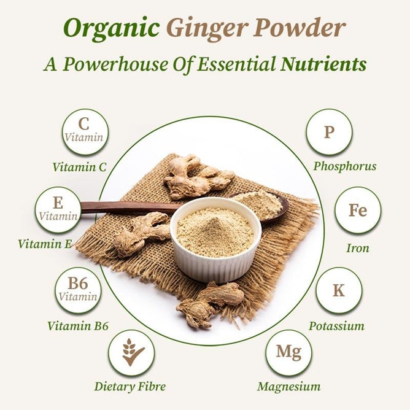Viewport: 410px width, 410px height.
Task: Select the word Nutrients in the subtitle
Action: pyautogui.click(x=323, y=64)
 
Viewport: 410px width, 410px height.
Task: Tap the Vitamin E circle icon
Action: pyautogui.click(x=58, y=209)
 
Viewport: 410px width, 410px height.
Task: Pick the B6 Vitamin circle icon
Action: pyautogui.click(x=78, y=290)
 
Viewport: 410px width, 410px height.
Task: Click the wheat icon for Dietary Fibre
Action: pyautogui.click(x=131, y=352)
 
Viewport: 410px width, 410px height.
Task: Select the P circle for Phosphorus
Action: pyautogui.click(x=329, y=131)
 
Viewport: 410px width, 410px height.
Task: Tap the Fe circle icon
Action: pyautogui.click(x=357, y=210)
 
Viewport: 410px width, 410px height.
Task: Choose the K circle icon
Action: pyautogui.click(x=339, y=290)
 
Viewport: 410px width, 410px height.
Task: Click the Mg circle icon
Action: pyautogui.click(x=288, y=352)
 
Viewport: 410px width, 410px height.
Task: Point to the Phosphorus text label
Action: pyautogui.click(x=344, y=166)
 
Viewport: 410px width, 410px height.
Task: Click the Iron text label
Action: pyautogui.click(x=357, y=249)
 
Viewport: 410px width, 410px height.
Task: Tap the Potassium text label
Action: pyautogui.click(x=336, y=326)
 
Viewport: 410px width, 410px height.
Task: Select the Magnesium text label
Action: pyautogui.click(x=288, y=387)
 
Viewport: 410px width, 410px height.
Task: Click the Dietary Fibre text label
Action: pyautogui.click(x=130, y=387)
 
